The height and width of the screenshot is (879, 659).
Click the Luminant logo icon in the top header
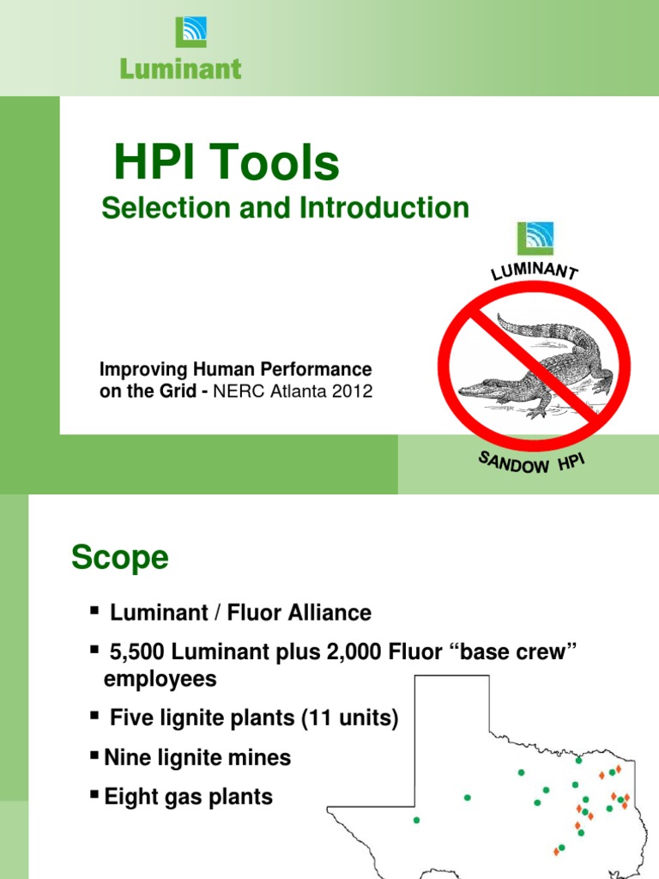190,32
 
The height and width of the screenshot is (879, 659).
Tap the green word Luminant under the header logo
181,69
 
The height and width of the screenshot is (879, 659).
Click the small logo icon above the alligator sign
535,239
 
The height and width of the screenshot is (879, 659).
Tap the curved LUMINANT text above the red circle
534,270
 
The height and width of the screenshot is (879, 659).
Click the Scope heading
120,558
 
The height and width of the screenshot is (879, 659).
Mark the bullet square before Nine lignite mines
94,756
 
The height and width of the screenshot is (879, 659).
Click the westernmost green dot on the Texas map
417,820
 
